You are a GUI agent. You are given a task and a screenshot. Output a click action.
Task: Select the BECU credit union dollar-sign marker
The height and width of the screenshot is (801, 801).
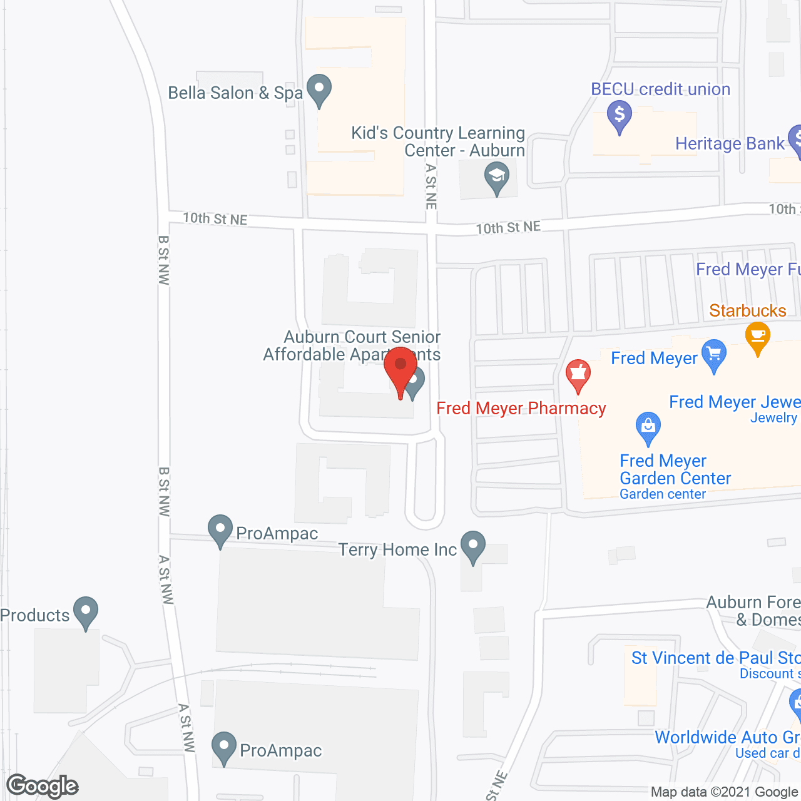click(620, 116)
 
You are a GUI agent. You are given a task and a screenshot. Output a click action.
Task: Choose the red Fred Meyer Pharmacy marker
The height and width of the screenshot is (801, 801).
click(578, 375)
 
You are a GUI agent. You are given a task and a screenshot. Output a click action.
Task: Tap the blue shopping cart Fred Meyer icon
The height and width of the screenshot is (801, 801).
click(714, 355)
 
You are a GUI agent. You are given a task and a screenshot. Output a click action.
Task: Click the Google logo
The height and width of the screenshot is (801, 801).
click(43, 786)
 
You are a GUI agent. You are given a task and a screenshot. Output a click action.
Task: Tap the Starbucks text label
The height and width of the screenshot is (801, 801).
click(747, 311)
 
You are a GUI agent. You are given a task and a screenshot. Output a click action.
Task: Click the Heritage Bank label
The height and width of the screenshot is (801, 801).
click(730, 144)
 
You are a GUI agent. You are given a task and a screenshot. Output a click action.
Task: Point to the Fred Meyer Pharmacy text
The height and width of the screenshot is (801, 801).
click(521, 409)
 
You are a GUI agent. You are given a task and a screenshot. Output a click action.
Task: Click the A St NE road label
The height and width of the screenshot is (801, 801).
click(431, 186)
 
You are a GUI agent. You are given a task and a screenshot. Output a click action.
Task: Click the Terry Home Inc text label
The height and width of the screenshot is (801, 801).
click(398, 550)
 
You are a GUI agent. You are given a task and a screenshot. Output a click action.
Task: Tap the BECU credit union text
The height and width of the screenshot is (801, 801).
click(661, 89)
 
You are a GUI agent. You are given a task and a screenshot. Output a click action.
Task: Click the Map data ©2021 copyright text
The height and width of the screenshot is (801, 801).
click(725, 792)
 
